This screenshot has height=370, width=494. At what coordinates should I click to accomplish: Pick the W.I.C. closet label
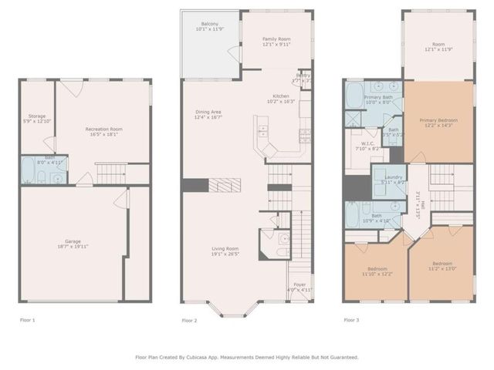pos(364,146)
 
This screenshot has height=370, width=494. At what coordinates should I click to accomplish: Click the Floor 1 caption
pos(27,319)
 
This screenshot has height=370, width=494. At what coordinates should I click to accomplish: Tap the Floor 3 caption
pos(352,319)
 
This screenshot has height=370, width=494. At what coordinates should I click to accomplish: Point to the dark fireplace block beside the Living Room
pos(196,186)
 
